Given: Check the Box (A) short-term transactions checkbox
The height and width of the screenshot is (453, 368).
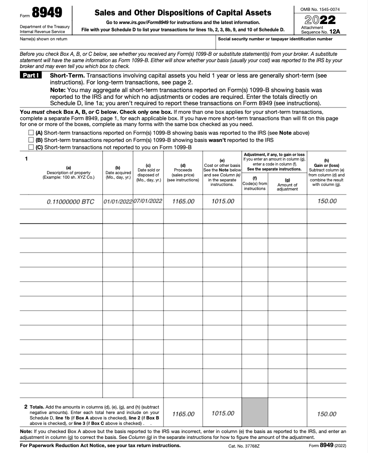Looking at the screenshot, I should tap(31, 133).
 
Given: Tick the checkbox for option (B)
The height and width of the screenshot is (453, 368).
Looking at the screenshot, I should tap(31, 140).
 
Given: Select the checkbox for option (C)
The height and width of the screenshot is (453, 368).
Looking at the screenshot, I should tap(31, 147).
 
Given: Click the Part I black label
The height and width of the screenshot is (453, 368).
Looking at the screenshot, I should tap(31, 75).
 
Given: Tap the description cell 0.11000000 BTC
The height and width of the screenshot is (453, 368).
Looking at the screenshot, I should tap(70, 201).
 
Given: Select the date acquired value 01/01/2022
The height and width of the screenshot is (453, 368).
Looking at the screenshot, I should tap(117, 201).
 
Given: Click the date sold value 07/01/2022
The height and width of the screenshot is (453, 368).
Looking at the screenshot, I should tap(148, 201).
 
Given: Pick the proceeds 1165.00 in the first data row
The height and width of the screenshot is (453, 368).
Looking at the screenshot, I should tap(183, 201).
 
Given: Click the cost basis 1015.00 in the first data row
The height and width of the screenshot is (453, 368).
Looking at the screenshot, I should tap(223, 201).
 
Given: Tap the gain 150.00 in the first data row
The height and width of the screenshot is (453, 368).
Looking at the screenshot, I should tap(327, 201).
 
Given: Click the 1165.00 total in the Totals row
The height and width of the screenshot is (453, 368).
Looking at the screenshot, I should tap(183, 414).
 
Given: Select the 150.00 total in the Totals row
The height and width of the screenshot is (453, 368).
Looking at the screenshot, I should tap(327, 414).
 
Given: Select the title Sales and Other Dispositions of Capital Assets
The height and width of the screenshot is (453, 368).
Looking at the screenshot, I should tap(183, 13).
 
